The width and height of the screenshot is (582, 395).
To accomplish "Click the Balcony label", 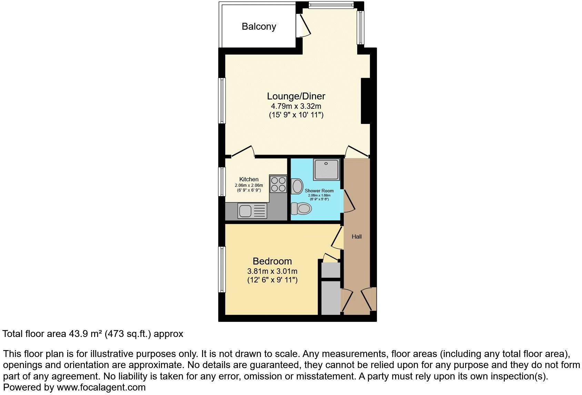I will [x=259, y=27].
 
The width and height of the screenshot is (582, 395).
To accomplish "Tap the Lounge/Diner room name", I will [x=296, y=96].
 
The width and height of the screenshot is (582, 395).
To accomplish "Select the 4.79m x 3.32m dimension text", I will [x=296, y=106].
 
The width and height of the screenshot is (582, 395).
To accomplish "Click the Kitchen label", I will [x=249, y=179].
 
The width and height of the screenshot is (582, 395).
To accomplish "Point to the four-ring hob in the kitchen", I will [x=278, y=184].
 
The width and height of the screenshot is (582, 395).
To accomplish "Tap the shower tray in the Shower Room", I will [x=326, y=170].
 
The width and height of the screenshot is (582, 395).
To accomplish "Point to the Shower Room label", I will [x=319, y=191].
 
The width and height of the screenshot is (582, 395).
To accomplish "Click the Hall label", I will [x=357, y=237].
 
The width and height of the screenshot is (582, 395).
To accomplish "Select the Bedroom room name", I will [x=272, y=261].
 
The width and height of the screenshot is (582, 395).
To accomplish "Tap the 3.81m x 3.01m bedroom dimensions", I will [x=272, y=271].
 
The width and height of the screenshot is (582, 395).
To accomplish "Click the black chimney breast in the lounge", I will [x=365, y=101].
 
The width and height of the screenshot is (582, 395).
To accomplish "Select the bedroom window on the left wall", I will [x=222, y=270].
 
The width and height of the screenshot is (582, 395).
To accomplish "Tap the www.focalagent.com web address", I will [x=101, y=387].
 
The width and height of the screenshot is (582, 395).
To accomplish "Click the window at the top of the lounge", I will [x=331, y=4].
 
